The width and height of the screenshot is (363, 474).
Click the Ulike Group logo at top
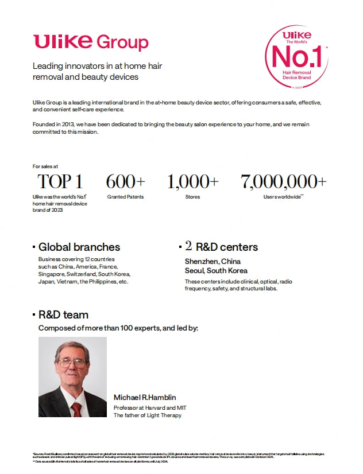point(91,42)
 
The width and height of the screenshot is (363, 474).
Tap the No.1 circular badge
point(296,56)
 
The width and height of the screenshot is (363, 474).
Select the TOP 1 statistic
point(60,182)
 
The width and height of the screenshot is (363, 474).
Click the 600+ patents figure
point(125,182)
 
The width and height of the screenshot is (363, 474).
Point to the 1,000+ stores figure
point(192,182)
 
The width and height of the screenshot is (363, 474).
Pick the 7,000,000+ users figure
point(283,182)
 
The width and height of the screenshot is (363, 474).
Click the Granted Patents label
point(125,197)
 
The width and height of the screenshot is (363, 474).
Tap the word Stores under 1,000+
point(192,197)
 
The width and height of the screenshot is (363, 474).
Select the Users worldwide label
point(282,197)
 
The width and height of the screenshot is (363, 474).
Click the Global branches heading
point(79,247)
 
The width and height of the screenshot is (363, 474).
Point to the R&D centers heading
point(226,247)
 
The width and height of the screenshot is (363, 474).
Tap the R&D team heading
point(63,315)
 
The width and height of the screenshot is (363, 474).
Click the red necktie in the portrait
point(76,409)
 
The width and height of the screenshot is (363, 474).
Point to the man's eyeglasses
point(73,363)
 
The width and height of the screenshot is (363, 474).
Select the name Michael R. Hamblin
point(144,398)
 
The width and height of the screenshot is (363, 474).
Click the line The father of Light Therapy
point(147,415)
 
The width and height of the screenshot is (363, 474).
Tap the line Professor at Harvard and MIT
point(150,407)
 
